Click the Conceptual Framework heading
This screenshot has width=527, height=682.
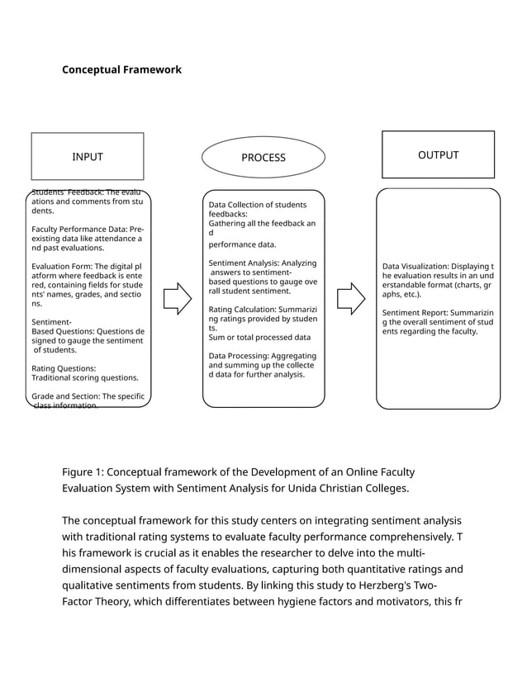point(121,70)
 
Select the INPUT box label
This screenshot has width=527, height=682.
point(88,157)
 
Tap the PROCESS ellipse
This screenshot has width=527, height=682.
point(263,158)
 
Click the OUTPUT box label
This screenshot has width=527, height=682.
point(438,155)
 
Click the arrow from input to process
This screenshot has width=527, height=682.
point(177,298)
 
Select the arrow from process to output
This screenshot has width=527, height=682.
point(351,298)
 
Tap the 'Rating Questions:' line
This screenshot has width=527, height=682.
point(64,368)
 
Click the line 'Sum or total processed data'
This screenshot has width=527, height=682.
point(259,337)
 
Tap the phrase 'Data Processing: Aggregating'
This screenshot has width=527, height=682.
point(262,355)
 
